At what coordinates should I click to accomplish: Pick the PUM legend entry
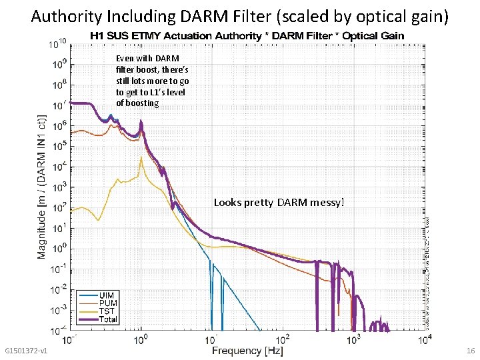(107, 303)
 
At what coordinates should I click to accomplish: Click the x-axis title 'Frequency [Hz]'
(247, 351)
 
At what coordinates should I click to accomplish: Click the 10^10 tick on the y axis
(57, 45)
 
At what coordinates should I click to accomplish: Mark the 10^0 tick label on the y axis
(59, 249)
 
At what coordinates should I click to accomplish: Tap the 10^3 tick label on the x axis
(353, 340)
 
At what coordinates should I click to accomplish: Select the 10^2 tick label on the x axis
(283, 340)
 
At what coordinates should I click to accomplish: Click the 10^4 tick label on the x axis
(424, 340)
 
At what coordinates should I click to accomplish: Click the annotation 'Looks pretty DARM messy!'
(279, 202)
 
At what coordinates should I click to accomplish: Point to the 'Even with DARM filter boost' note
(151, 81)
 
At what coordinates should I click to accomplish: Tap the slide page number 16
(471, 351)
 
